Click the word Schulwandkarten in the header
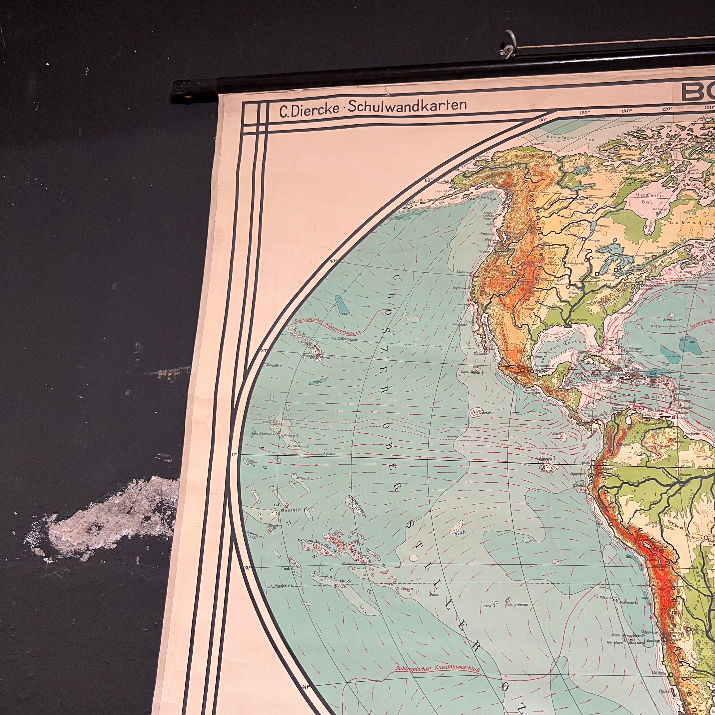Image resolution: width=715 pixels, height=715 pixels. [410, 106]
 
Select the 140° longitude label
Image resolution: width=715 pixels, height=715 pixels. [627, 111]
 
